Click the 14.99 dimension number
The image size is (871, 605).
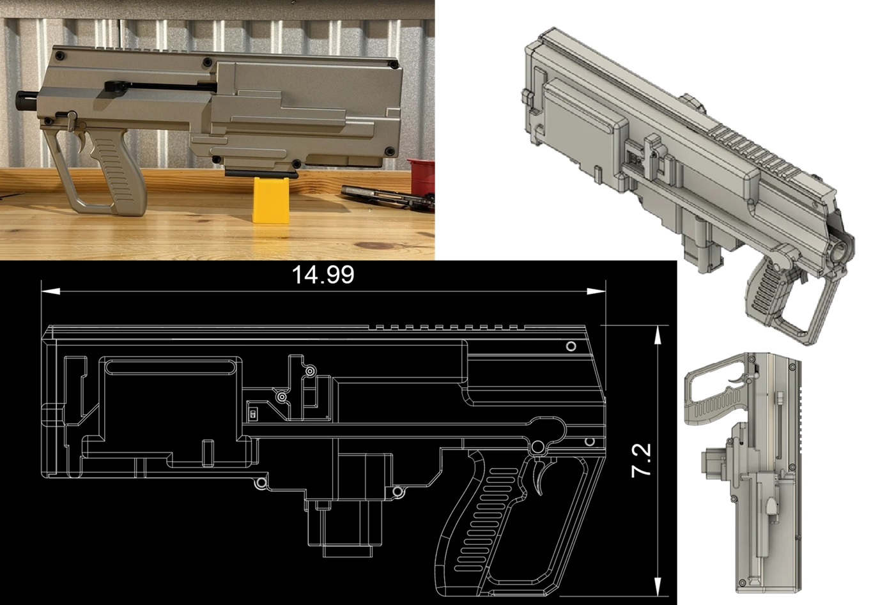point(323,275)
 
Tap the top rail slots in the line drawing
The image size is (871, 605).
point(447,328)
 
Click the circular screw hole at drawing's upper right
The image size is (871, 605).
point(571,346)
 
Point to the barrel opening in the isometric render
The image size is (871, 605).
point(842,249)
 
